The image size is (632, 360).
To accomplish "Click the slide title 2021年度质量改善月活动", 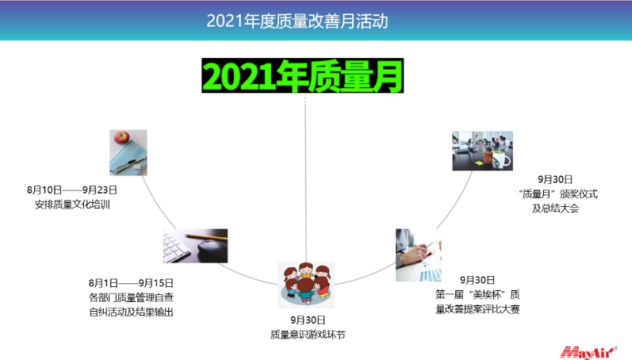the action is pyautogui.click(x=297, y=21).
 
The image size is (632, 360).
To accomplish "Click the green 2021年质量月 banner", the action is pyautogui.click(x=303, y=75).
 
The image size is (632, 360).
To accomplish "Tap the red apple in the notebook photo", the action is pyautogui.click(x=121, y=137).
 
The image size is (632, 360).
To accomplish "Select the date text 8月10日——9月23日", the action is pyautogui.click(x=72, y=190).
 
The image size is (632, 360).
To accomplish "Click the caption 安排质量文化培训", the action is pyautogui.click(x=72, y=205).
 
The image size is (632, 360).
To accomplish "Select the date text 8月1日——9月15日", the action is pyautogui.click(x=131, y=283).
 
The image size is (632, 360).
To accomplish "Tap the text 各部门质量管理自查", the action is pyautogui.click(x=131, y=297).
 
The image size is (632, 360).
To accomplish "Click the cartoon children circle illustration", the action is pyautogui.click(x=306, y=285).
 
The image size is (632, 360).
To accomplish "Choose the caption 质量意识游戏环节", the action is pyautogui.click(x=308, y=335).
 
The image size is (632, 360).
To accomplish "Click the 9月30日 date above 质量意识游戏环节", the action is pyautogui.click(x=308, y=320).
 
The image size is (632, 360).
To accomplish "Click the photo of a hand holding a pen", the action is pyautogui.click(x=419, y=255).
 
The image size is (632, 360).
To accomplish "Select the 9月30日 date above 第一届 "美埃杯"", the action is pyautogui.click(x=477, y=280).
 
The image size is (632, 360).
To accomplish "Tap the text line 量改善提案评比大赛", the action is pyautogui.click(x=477, y=309).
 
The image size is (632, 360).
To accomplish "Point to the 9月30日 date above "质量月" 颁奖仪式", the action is pyautogui.click(x=555, y=179).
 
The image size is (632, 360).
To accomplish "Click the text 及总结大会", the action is pyautogui.click(x=555, y=209).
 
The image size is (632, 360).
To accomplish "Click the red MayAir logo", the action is pyautogui.click(x=589, y=352).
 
